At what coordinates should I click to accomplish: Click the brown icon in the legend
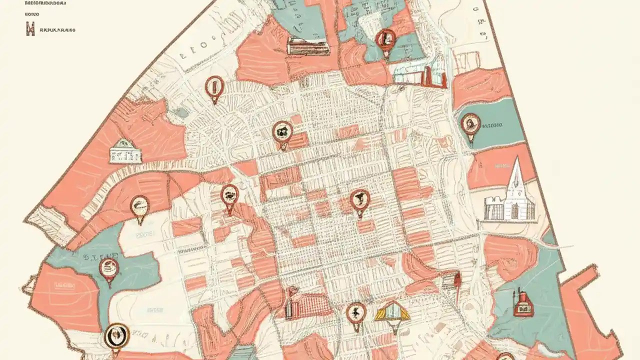tap(30, 29)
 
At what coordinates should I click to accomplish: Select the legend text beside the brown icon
tap(57, 30)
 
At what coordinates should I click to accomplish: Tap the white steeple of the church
tap(515, 172)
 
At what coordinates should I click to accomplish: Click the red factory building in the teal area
tap(522, 304)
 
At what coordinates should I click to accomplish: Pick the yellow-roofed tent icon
tap(392, 312)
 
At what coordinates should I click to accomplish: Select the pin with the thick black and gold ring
tap(117, 336)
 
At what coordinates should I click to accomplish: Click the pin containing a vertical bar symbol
tap(214, 87)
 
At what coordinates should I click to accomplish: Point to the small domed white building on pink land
tap(125, 151)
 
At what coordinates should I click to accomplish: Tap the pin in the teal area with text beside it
tap(470, 124)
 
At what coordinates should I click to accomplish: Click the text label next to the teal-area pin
tap(493, 125)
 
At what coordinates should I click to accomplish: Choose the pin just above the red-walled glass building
tap(385, 39)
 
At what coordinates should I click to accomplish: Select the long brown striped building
tap(308, 46)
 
